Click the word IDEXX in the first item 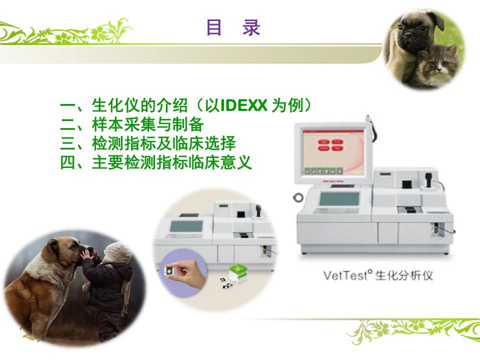(x=244, y=105)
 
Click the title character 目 (x=214, y=27)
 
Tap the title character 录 (x=251, y=27)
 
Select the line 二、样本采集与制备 (x=132, y=124)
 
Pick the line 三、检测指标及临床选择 (x=148, y=143)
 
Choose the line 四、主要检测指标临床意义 (x=156, y=162)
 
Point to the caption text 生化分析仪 (x=404, y=275)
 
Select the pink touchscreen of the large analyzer (x=333, y=152)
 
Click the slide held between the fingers (x=168, y=270)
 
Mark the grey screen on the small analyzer (x=186, y=226)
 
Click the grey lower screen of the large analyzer (x=339, y=199)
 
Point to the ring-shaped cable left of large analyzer (x=298, y=197)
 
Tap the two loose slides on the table (x=226, y=283)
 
